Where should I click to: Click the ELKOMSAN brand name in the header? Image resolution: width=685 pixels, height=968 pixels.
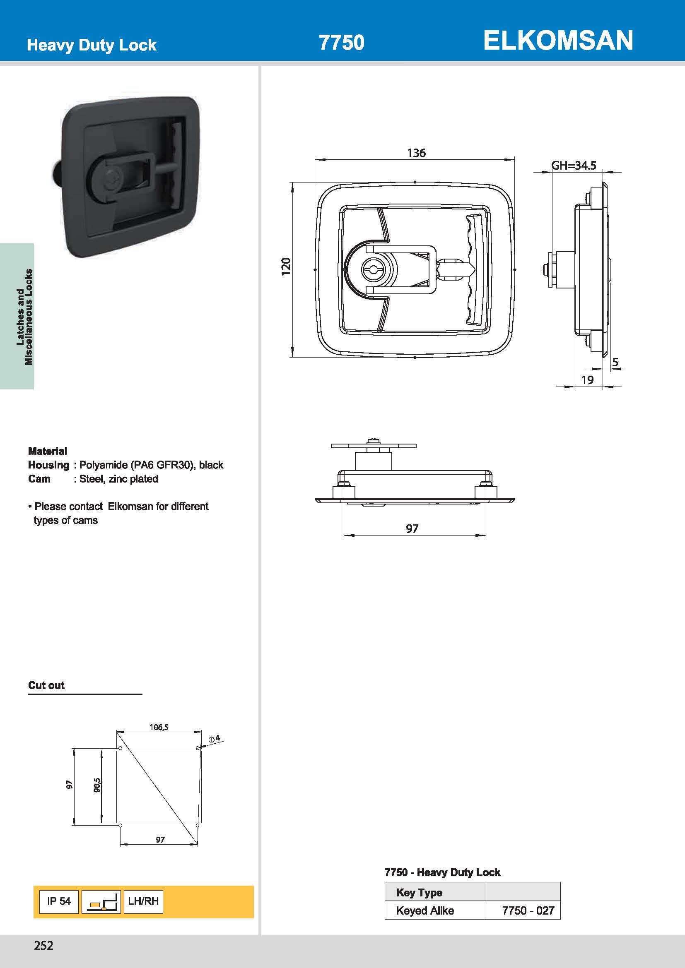click(x=557, y=41)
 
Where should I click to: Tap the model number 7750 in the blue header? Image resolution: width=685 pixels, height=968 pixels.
click(x=341, y=43)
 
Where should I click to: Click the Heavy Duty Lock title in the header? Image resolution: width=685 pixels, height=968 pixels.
click(x=92, y=45)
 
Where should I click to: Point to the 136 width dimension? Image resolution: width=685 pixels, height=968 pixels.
click(x=416, y=153)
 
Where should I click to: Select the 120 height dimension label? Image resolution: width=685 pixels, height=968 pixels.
click(x=286, y=267)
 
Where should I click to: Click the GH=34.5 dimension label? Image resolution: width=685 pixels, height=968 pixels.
click(x=574, y=166)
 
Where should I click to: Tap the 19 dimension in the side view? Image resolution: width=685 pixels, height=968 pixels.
click(x=587, y=380)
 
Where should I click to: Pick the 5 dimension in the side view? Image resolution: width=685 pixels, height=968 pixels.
click(x=615, y=362)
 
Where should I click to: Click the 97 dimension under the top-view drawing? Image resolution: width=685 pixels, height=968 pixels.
click(x=412, y=528)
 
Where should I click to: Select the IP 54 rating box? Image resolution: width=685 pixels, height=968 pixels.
click(x=59, y=901)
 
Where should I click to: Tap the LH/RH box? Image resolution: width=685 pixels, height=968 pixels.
click(x=143, y=901)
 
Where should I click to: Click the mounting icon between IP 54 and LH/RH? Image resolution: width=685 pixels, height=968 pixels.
click(x=101, y=902)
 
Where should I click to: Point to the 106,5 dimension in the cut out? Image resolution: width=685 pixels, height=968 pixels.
click(x=159, y=727)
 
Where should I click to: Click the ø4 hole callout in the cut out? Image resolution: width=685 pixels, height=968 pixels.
click(x=214, y=738)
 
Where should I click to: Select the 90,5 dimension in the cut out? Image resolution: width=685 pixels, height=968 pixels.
click(x=96, y=785)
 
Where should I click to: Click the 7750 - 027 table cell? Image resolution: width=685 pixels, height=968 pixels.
click(x=528, y=910)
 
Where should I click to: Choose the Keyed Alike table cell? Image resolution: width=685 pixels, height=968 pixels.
click(x=425, y=910)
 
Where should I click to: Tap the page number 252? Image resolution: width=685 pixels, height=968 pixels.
click(x=44, y=946)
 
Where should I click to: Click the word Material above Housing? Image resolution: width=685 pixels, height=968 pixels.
click(x=47, y=451)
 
